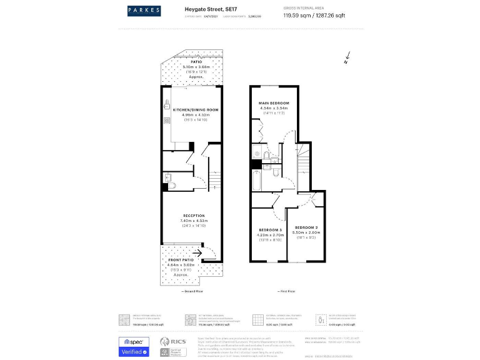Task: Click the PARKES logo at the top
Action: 144,10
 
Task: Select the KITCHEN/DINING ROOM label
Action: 191,109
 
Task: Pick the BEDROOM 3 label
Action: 271,230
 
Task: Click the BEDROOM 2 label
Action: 307,226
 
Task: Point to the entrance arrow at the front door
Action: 197,253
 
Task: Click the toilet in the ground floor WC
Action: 173,185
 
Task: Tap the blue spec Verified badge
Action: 134,346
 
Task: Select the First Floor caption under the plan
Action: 287,291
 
